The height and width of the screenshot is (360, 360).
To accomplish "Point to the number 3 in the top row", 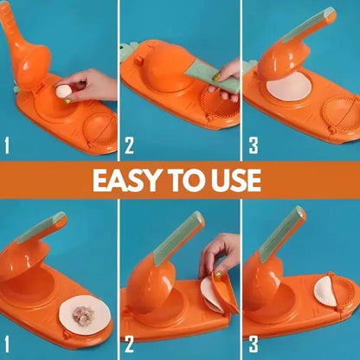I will coord(253,145).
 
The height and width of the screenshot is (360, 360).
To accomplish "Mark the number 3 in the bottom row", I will coord(253,343).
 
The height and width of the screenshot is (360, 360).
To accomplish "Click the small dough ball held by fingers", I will coord(61,88).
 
